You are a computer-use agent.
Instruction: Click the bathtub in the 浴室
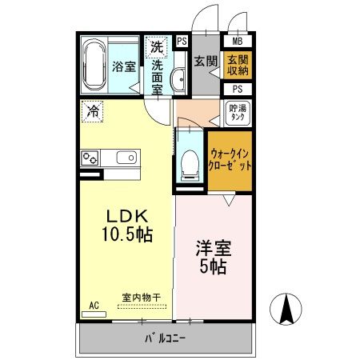pos(95,65)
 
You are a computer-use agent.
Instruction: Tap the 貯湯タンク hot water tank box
pos(238,112)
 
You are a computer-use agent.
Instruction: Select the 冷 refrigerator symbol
pos(94,112)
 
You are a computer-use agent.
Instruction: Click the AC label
pos(94,304)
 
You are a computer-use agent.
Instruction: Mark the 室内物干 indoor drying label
pos(141,298)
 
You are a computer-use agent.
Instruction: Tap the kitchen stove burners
pos(89,158)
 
